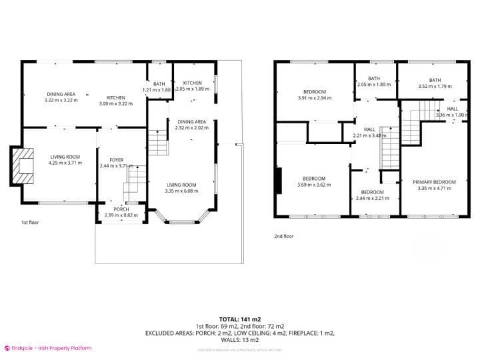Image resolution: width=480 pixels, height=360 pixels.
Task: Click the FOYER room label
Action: tap(117, 160)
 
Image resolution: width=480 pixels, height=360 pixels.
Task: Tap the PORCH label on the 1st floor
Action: tap(121, 209)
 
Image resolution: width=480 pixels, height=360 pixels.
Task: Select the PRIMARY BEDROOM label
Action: tap(434, 182)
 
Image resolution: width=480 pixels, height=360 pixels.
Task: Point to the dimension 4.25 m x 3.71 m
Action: tap(65, 162)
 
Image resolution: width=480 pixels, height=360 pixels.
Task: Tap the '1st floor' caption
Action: tap(30, 223)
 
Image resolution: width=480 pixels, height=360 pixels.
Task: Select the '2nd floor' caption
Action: tap(284, 235)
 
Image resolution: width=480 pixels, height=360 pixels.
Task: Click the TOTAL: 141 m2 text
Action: tap(239, 319)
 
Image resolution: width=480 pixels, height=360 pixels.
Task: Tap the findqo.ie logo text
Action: tap(50, 348)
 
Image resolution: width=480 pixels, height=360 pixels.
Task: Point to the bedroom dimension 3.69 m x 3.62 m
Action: tap(314, 184)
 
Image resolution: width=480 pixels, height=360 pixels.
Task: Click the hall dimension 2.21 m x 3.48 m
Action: tap(369, 136)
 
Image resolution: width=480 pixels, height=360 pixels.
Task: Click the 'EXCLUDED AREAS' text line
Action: tap(239, 332)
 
